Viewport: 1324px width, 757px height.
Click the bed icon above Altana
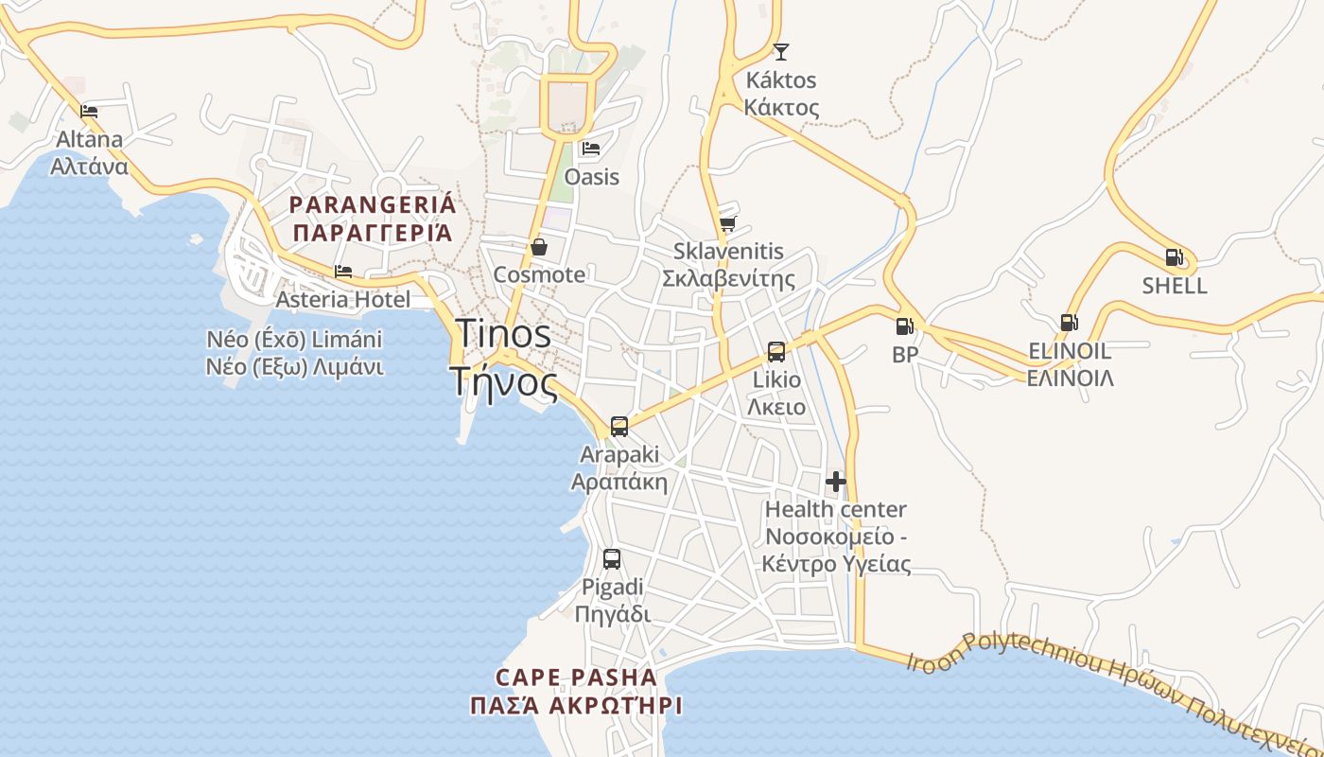pyautogui.click(x=90, y=111)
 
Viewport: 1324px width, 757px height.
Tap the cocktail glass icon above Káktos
pyautogui.click(x=780, y=51)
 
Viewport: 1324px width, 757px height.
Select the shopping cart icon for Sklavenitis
pyautogui.click(x=727, y=223)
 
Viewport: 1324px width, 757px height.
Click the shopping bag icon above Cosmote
pyautogui.click(x=539, y=247)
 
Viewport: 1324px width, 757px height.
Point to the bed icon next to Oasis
pyautogui.click(x=591, y=149)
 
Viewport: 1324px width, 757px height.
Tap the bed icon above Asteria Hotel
pyautogui.click(x=343, y=272)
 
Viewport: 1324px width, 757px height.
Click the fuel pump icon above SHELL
pyautogui.click(x=1174, y=257)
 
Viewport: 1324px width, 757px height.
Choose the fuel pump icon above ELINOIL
pyautogui.click(x=1069, y=323)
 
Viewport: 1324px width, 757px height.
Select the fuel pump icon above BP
pyautogui.click(x=905, y=326)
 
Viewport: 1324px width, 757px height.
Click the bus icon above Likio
pyautogui.click(x=776, y=352)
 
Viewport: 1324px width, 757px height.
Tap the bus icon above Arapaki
pyautogui.click(x=619, y=426)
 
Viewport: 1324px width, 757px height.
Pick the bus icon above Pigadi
pyautogui.click(x=612, y=558)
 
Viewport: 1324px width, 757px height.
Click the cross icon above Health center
pyautogui.click(x=836, y=482)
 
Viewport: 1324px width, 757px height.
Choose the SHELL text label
pyautogui.click(x=1175, y=286)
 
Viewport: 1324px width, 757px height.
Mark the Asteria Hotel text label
pyautogui.click(x=343, y=300)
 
